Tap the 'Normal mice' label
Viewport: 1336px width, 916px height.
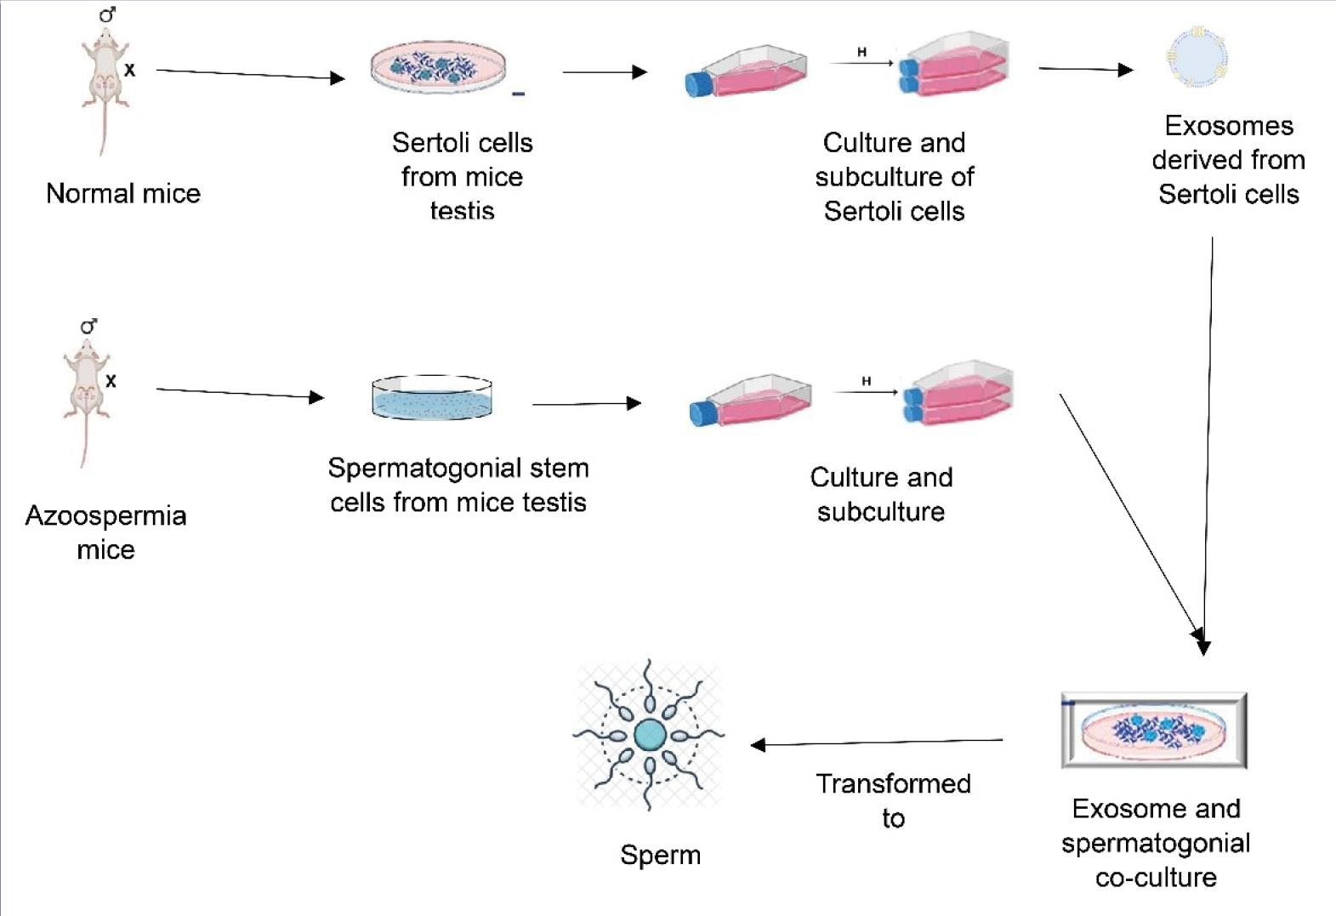[123, 194]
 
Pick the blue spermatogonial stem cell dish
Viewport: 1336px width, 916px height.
[432, 398]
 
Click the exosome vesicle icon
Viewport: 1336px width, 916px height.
[1197, 57]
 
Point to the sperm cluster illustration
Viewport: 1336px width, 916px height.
[649, 734]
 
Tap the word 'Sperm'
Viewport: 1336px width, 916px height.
[661, 855]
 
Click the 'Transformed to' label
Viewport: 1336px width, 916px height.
[893, 800]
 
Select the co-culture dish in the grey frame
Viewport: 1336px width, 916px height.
[1154, 731]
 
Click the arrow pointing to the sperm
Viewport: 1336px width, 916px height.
[876, 743]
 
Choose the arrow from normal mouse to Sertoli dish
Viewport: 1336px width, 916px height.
[250, 75]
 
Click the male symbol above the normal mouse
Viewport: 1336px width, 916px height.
[107, 14]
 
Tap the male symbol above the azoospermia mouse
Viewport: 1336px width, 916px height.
[88, 327]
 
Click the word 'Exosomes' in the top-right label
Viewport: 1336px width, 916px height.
[1229, 126]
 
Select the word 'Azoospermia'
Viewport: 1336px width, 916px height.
[105, 515]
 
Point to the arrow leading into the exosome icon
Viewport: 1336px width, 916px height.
[1086, 69]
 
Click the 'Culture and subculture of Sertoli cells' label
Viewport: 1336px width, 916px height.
[894, 177]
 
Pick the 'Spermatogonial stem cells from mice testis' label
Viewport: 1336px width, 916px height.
[458, 485]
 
